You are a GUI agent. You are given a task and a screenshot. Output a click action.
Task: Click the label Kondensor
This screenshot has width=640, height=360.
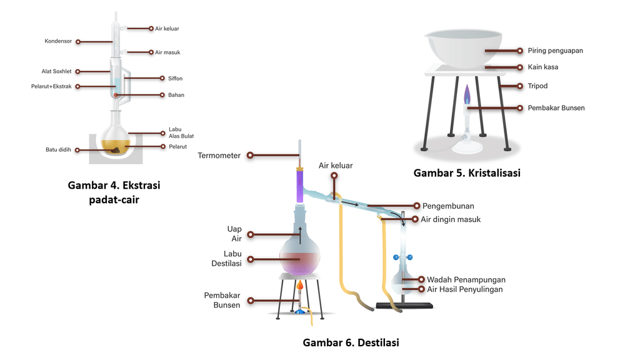tap(59, 42)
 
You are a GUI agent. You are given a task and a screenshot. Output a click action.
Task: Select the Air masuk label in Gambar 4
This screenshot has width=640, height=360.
tap(167, 52)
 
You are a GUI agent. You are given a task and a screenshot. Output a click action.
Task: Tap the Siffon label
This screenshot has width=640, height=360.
tap(175, 78)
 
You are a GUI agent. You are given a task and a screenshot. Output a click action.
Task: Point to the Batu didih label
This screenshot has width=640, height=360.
tap(58, 150)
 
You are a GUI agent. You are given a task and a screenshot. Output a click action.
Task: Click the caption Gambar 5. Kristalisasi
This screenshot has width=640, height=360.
tap(467, 173)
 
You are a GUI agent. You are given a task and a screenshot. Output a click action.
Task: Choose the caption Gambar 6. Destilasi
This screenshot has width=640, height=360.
tap(351, 342)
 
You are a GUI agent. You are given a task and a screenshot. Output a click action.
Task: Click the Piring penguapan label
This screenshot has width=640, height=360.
tap(555, 51)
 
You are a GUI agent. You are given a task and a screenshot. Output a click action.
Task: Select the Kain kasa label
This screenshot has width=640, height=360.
tap(542, 67)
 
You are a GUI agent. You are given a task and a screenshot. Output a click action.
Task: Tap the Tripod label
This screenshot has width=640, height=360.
tap(537, 86)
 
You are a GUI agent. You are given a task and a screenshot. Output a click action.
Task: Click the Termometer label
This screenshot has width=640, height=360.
tap(219, 156)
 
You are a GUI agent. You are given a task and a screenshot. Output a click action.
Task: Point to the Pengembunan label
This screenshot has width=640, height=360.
tap(448, 206)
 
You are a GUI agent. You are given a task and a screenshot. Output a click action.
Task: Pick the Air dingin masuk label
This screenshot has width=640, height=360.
tap(451, 219)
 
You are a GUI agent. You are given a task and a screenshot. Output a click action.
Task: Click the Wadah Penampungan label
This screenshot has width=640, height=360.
tap(466, 279)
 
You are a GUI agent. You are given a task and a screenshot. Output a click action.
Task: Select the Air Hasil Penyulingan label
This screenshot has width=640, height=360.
tap(464, 289)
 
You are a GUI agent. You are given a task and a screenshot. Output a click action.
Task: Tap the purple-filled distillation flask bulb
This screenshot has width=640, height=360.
tap(299, 257)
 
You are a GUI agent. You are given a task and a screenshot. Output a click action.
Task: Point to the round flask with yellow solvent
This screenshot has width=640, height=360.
tap(116, 141)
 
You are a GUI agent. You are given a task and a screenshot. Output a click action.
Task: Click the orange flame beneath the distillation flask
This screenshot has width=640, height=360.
tap(300, 287)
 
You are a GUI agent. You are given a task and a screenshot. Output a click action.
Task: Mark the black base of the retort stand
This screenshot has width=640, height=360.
tap(404, 306)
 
